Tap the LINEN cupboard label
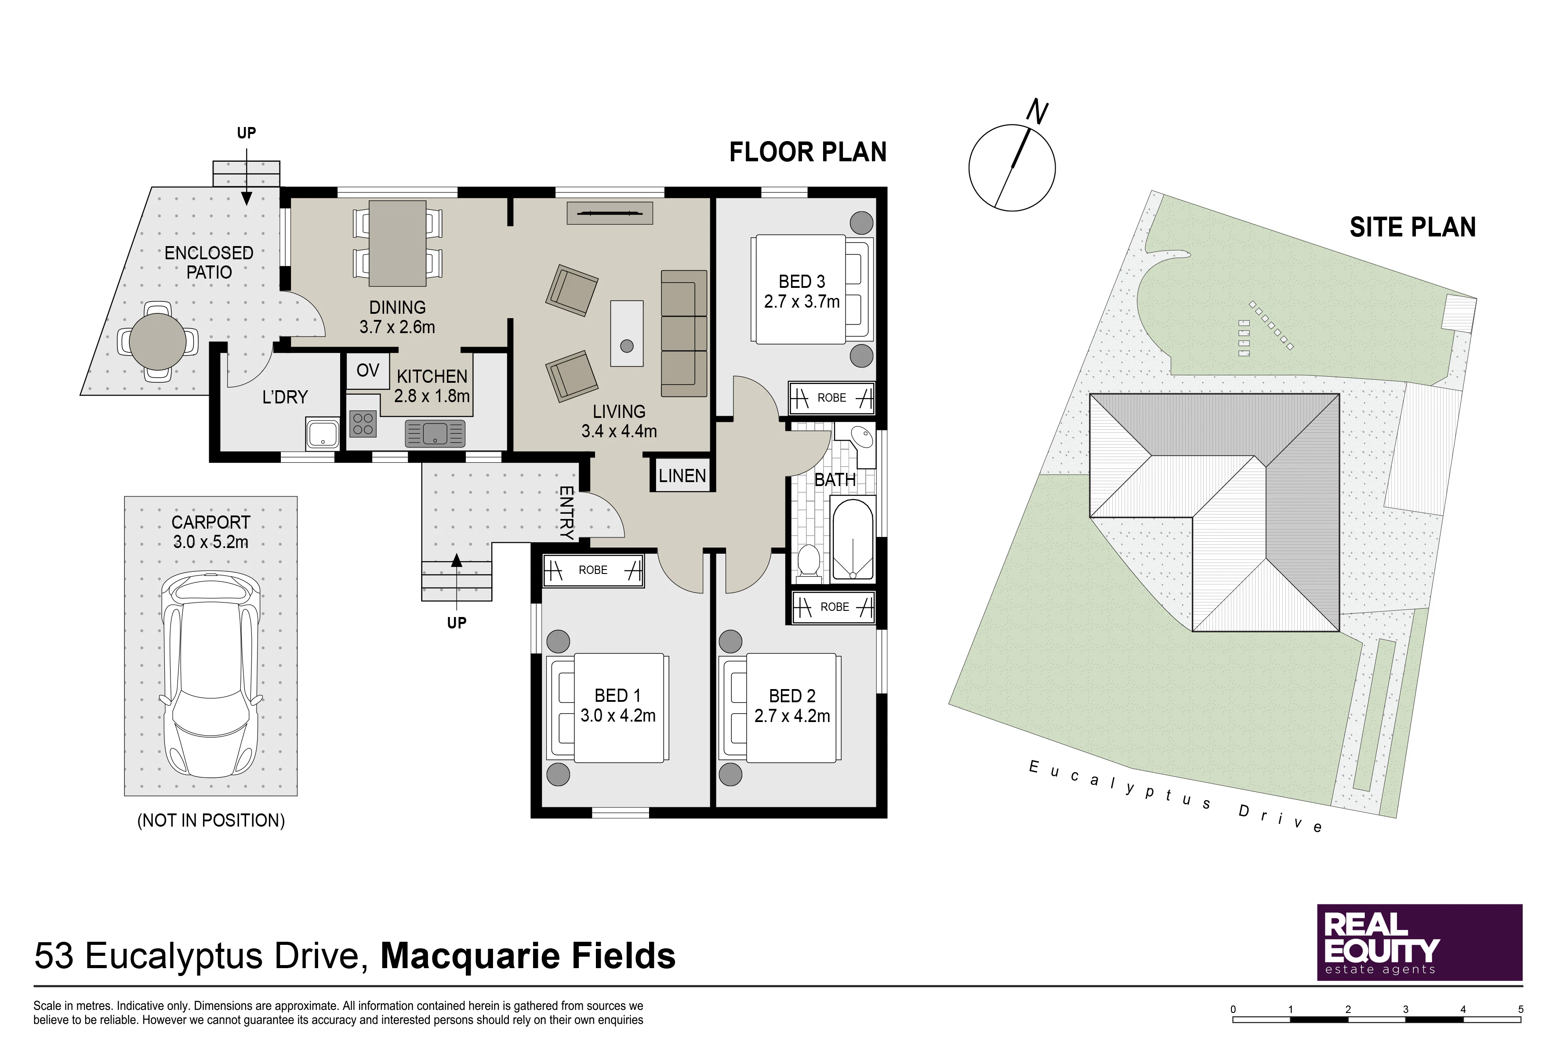tap(682, 476)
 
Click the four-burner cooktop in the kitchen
tap(363, 424)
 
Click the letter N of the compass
tap(1037, 112)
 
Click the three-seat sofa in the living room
tap(684, 333)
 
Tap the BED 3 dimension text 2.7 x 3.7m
tap(802, 302)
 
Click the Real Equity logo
tap(1420, 942)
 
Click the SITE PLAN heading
tap(1413, 228)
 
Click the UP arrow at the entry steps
tap(456, 579)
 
